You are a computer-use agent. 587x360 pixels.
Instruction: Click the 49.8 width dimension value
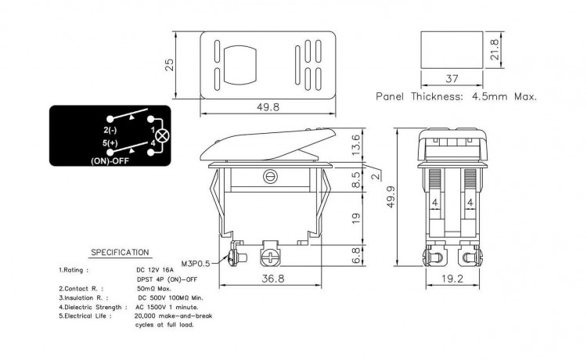click(x=268, y=107)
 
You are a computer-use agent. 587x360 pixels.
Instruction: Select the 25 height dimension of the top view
click(x=170, y=65)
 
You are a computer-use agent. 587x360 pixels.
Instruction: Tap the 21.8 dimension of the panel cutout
click(x=494, y=50)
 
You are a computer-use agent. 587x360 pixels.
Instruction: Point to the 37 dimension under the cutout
click(x=452, y=78)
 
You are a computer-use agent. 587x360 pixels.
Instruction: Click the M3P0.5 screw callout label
click(x=196, y=264)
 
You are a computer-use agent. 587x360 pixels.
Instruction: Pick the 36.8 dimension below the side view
click(x=273, y=279)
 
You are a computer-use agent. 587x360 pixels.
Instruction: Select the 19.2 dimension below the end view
click(x=452, y=279)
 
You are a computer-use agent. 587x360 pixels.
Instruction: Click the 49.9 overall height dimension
click(x=391, y=197)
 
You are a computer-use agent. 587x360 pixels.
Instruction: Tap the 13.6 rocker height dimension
click(x=356, y=146)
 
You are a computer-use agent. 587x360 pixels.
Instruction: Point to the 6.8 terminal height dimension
click(x=356, y=255)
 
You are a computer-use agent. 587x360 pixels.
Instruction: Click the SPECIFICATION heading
click(x=121, y=253)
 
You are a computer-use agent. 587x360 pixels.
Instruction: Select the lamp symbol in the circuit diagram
click(x=162, y=136)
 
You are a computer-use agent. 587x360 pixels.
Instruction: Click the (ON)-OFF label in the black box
click(x=110, y=161)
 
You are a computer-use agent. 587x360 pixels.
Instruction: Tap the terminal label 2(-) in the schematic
click(x=110, y=130)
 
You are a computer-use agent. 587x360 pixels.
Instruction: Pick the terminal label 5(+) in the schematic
click(x=110, y=143)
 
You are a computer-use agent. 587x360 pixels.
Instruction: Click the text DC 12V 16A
click(x=155, y=270)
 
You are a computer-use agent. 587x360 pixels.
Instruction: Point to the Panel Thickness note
click(x=456, y=96)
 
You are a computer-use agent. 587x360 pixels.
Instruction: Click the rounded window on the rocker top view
click(x=239, y=66)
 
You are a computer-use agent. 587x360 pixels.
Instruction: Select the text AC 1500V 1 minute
click(x=167, y=308)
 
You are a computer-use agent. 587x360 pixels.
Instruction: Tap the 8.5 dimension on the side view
click(x=356, y=180)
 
